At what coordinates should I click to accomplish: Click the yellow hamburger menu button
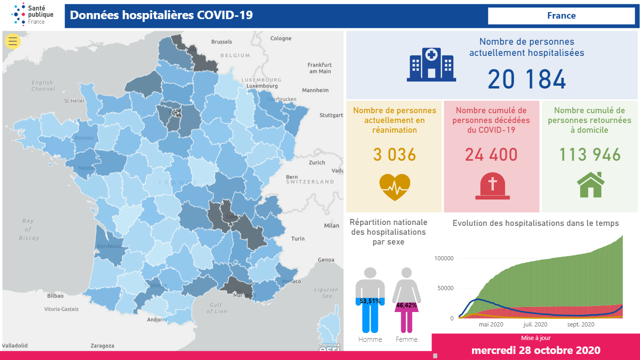click(13, 41)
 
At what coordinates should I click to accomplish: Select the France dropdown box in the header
click(561, 16)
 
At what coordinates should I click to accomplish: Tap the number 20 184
click(527, 79)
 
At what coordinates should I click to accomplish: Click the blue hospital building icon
click(431, 65)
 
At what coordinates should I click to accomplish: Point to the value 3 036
click(395, 155)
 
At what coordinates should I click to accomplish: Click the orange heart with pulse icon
click(395, 187)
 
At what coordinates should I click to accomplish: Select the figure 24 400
click(491, 155)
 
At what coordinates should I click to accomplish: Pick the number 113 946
click(590, 155)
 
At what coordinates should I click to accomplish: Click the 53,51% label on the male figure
click(370, 301)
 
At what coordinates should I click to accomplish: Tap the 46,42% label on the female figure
click(406, 305)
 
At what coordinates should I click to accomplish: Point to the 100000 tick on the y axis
click(444, 258)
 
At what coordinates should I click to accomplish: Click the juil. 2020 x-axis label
click(535, 325)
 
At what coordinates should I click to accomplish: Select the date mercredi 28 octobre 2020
click(536, 350)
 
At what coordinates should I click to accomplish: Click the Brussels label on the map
click(222, 42)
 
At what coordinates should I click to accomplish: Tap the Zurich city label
click(317, 163)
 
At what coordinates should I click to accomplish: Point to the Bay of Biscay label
click(28, 229)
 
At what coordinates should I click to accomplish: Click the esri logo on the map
click(329, 348)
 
